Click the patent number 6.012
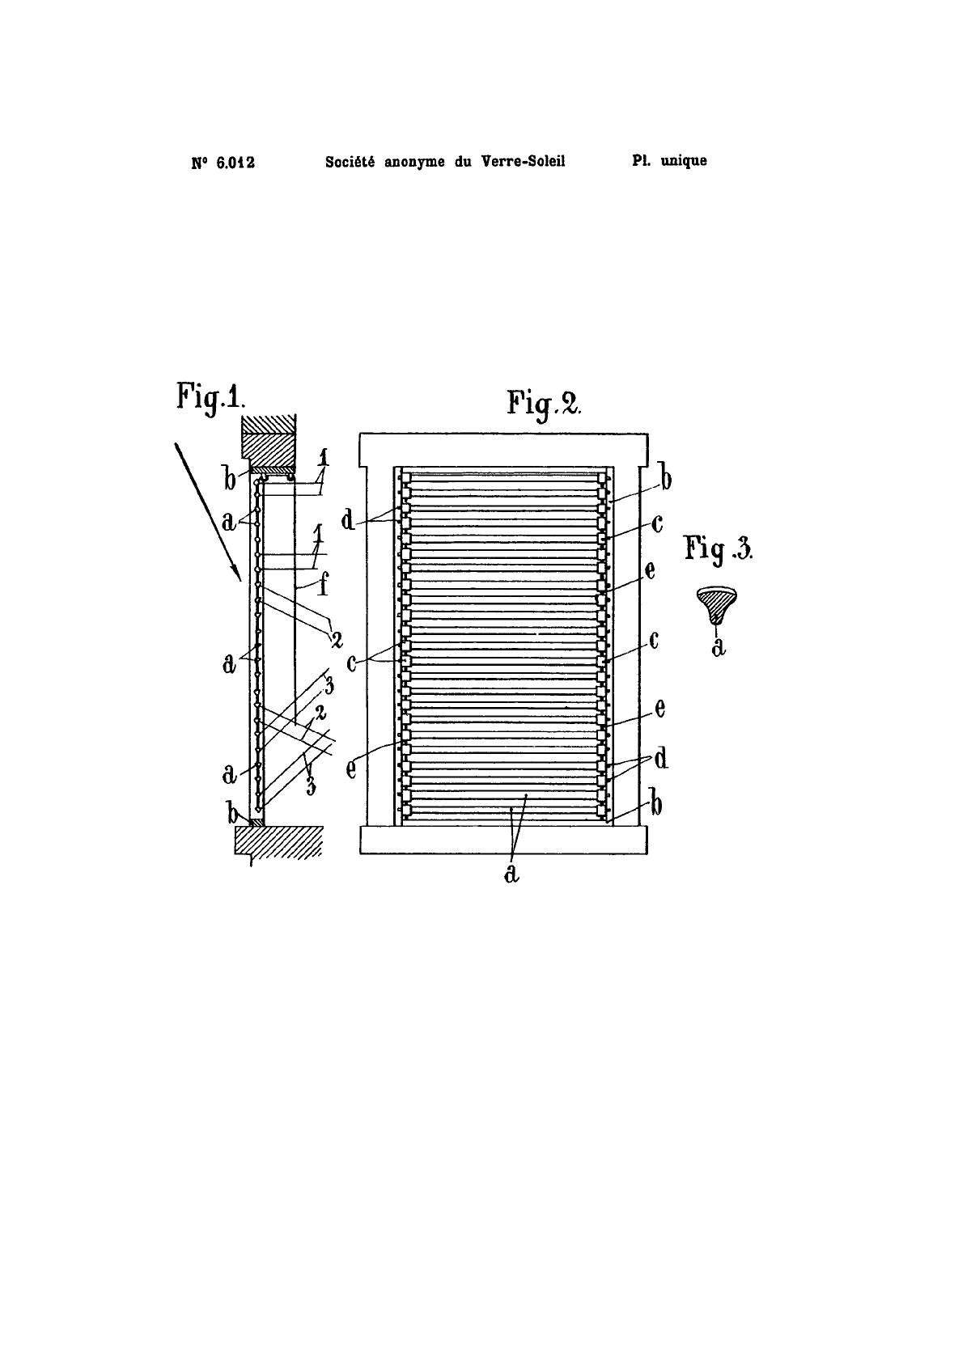tap(235, 163)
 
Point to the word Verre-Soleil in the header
tap(524, 162)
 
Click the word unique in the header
tap(684, 162)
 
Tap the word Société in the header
tap(351, 162)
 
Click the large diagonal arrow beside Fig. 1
tap(208, 512)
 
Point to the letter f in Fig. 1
tap(324, 586)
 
